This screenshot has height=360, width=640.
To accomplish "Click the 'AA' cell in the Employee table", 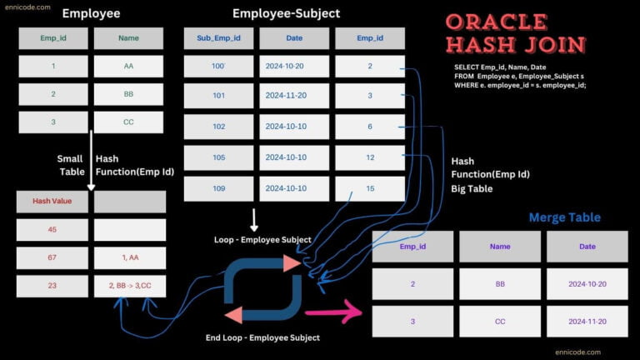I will click(129, 65).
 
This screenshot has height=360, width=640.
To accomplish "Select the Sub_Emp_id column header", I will click(218, 38).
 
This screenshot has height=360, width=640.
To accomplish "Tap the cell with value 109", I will click(218, 188).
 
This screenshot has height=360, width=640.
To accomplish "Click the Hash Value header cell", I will click(52, 202).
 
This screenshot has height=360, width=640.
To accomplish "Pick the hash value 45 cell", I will click(52, 230).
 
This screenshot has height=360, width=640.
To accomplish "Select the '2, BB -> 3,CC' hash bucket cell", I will click(129, 285).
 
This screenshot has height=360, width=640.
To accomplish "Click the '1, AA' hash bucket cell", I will click(129, 257).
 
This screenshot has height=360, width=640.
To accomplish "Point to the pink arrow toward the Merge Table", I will click(332, 312).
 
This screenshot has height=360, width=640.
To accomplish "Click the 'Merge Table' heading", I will click(564, 217).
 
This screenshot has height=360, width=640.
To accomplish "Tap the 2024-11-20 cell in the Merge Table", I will click(586, 321).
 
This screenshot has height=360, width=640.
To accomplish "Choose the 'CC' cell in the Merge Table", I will click(499, 321).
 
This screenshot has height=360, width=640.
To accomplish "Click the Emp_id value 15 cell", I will click(369, 188).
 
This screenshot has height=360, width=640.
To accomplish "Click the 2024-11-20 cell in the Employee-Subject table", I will click(293, 95).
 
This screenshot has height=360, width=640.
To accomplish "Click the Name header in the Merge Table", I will click(499, 247).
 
